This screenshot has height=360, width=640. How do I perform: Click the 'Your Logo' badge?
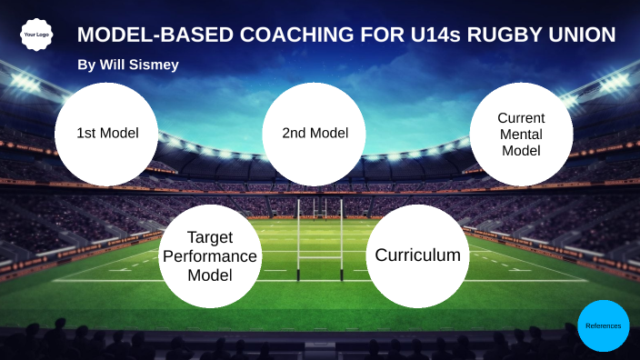click(x=35, y=35)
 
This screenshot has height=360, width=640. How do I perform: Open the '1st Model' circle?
click(x=107, y=134)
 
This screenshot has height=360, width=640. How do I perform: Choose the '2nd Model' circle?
click(x=315, y=134)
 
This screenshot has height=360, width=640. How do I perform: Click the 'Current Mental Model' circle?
click(x=521, y=135)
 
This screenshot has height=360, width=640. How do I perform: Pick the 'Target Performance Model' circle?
click(x=210, y=255)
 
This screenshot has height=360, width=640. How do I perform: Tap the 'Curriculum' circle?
click(x=417, y=255)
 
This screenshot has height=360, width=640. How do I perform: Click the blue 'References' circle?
click(x=604, y=325)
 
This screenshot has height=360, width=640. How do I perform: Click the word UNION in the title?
click(x=585, y=35)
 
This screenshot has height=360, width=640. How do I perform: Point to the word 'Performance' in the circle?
click(x=210, y=256)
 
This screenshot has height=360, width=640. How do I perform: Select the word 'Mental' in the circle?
click(x=521, y=135)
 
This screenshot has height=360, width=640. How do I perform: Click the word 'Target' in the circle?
click(x=210, y=238)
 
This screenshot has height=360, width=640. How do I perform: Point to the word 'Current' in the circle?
click(x=521, y=118)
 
